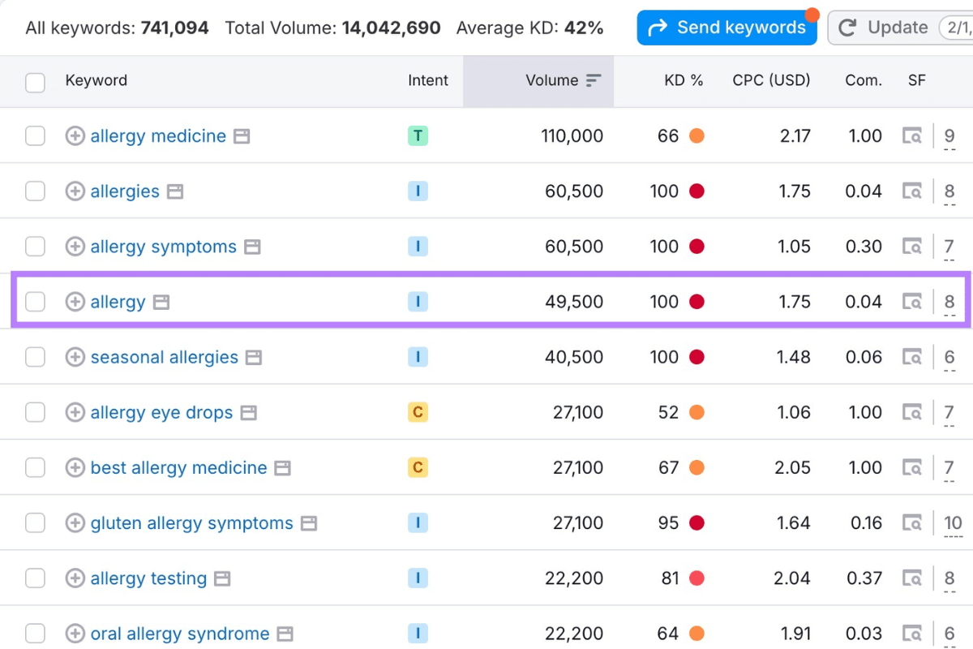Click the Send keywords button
[728, 28]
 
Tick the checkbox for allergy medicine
[35, 136]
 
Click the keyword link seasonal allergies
[164, 357]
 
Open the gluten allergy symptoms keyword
[191, 523]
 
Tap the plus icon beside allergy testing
[75, 578]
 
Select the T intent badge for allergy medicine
[418, 136]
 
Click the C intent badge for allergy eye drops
[418, 412]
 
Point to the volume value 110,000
[572, 136]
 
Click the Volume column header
[552, 80]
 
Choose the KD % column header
[684, 80]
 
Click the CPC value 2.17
[795, 136]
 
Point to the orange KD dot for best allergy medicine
[697, 468]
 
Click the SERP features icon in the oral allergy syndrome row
[912, 634]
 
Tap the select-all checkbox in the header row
[35, 82]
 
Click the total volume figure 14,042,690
[391, 28]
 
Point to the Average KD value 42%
[584, 28]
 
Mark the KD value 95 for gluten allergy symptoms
[668, 523]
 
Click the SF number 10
[953, 523]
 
